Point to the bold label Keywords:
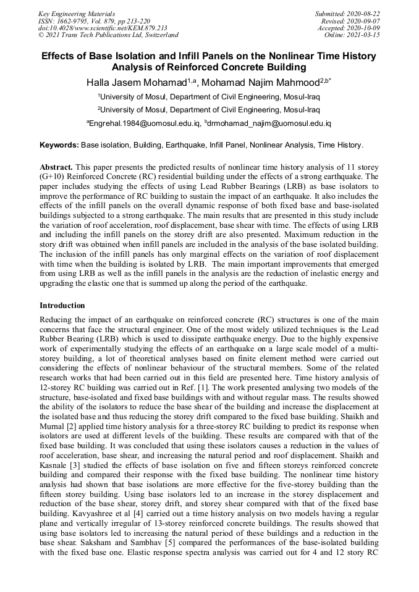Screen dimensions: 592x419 (x=59, y=145)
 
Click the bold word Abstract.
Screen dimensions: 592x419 (x=56, y=167)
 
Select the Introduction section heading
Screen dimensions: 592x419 (x=62, y=306)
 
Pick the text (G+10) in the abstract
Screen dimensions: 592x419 (x=52, y=176)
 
